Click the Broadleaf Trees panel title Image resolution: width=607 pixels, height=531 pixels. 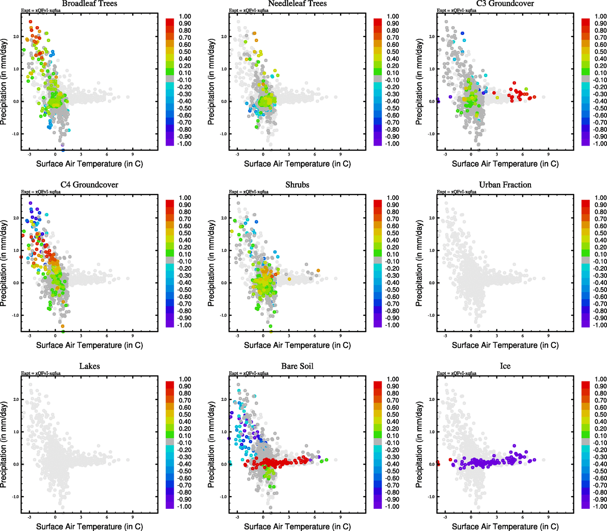(89, 4)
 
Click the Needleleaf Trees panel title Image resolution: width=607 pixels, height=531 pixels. (297, 4)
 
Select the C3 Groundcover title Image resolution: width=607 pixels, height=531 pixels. (505, 4)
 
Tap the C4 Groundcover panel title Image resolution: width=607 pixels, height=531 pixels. (89, 185)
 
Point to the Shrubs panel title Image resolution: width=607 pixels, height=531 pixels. (297, 185)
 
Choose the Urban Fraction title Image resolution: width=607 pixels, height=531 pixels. (505, 185)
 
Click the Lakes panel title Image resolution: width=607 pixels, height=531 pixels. (89, 366)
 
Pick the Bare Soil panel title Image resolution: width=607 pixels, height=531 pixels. (297, 366)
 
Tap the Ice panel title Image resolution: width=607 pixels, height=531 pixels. (505, 366)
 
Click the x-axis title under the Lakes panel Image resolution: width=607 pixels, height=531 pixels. (89, 526)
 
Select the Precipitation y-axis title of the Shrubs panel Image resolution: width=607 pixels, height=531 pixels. (211, 263)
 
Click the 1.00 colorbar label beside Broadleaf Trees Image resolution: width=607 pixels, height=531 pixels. (185, 16)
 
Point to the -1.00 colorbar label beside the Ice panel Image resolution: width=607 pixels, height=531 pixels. (600, 506)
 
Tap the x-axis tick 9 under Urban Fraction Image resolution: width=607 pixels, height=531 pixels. (548, 336)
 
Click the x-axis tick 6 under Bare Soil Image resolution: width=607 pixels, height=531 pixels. (315, 517)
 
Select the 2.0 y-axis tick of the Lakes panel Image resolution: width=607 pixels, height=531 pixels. (16, 400)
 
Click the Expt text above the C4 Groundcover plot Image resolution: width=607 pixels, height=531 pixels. (41, 192)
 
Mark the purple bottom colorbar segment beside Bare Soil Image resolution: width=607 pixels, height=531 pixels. (378, 505)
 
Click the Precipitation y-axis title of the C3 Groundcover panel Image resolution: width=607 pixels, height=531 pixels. (419, 82)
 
